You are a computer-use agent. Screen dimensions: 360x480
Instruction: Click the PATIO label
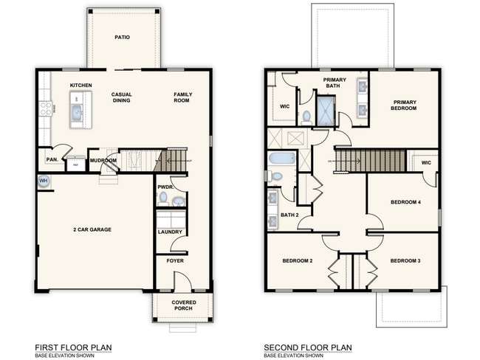[123, 36]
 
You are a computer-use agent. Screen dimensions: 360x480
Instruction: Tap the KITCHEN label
[80, 86]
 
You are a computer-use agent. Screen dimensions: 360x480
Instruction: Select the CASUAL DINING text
[121, 97]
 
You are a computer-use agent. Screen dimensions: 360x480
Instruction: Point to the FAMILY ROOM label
[182, 97]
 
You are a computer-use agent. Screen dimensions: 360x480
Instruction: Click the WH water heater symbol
[43, 180]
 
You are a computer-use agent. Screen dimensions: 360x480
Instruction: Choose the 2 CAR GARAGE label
[92, 230]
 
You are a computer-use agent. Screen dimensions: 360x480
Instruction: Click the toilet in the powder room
[163, 198]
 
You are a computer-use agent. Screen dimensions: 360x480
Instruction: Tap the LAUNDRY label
[169, 232]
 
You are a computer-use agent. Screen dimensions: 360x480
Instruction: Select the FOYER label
[175, 261]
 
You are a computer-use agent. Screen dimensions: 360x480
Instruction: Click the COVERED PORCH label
[183, 306]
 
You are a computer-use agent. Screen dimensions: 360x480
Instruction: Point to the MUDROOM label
[103, 160]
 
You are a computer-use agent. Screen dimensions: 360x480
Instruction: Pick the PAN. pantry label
[52, 159]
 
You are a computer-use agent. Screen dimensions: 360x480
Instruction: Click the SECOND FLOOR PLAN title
[307, 347]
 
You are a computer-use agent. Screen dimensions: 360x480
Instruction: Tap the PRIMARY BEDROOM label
[404, 105]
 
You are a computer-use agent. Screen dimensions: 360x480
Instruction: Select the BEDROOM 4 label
[404, 202]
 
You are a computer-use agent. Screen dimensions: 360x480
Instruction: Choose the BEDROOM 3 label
[404, 261]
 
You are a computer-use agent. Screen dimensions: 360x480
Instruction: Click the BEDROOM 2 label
[298, 261]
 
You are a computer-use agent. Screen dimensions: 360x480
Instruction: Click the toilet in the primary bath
[306, 116]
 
